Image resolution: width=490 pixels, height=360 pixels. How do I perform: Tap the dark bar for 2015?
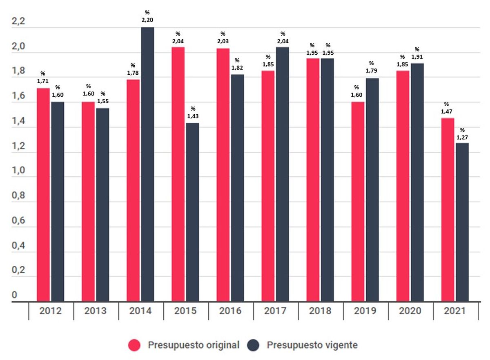tap(192, 212)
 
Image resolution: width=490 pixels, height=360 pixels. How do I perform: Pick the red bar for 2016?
tap(223, 175)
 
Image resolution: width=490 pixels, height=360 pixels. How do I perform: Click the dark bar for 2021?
tap(462, 222)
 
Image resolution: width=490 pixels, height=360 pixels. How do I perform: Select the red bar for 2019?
tap(358, 202)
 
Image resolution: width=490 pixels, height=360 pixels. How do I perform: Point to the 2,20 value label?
tap(147, 20)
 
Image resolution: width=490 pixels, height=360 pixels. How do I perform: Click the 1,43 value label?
tap(193, 116)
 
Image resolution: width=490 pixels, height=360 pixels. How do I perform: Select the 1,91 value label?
tap(417, 57)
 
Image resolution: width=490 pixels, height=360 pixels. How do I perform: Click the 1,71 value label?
tap(43, 81)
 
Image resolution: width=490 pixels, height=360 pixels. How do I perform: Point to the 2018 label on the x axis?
tap(321, 311)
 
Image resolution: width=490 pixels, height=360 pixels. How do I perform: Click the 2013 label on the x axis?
tap(96, 311)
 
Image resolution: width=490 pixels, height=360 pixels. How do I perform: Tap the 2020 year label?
tap(410, 311)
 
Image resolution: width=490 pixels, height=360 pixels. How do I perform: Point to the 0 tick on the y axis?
tap(15, 295)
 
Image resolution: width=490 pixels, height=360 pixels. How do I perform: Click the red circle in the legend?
tap(135, 345)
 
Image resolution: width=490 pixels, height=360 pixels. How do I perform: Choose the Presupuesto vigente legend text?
tap(312, 345)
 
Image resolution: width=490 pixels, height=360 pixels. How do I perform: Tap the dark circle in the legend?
tap(254, 345)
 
